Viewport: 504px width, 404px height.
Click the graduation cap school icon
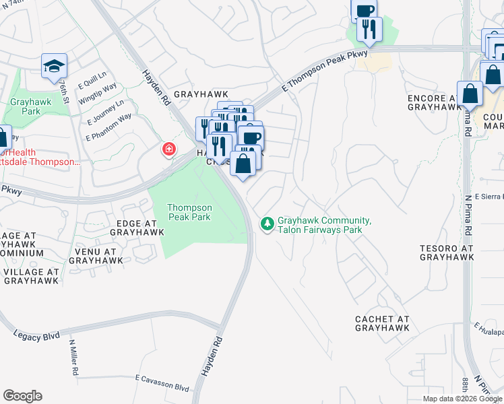coord(54,66)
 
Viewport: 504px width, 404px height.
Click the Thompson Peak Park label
coord(189,212)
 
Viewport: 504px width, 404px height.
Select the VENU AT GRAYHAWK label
coord(96,255)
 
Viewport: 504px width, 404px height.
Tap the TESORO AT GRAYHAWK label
coord(447,252)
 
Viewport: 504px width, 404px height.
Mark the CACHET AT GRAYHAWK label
coord(383,323)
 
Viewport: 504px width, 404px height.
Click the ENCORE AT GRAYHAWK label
coord(436,102)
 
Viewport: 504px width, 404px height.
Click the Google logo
coord(22,396)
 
